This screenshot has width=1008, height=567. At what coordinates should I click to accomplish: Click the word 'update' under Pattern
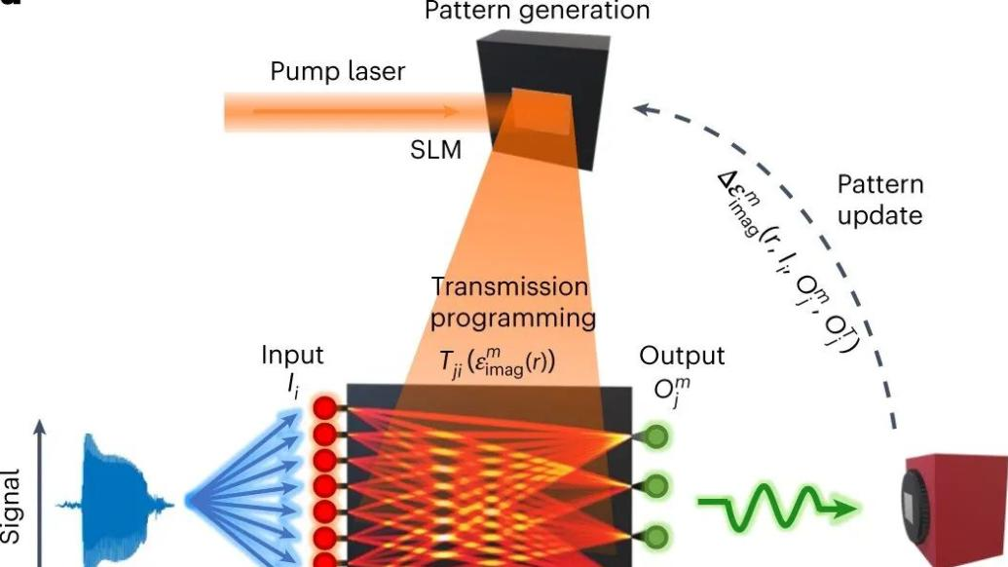click(x=879, y=214)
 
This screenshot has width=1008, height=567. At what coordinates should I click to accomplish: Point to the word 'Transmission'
click(x=509, y=287)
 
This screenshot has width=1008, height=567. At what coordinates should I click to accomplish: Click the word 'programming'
click(x=512, y=319)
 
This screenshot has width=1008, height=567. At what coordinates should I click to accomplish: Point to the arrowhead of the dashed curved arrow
click(x=639, y=110)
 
